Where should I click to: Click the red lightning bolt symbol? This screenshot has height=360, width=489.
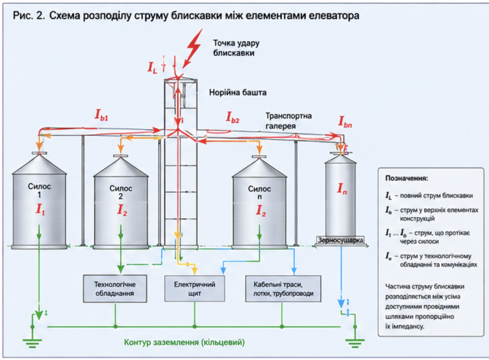click(193, 48)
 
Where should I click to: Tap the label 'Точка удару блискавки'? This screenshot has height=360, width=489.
click(236, 48)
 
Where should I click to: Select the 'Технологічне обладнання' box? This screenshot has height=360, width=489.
click(115, 289)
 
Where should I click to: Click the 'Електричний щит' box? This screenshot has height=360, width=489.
click(194, 289)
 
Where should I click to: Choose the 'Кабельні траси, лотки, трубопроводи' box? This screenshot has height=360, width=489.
click(283, 289)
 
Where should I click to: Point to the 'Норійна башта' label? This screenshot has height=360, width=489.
click(238, 93)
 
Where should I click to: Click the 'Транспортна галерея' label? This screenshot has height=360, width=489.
click(289, 121)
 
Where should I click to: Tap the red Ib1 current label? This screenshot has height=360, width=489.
click(101, 115)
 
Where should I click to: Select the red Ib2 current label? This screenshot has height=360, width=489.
click(233, 117)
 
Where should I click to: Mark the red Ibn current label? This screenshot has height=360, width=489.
click(345, 122)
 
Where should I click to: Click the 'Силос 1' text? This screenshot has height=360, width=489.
click(39, 190)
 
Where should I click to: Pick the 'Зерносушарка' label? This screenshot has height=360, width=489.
click(340, 240)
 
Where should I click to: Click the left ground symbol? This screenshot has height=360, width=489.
click(32, 343)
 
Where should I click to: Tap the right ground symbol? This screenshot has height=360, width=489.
click(355, 343)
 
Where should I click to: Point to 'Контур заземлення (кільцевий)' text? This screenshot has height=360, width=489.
click(184, 342)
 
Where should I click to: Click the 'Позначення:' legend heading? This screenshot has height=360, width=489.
click(407, 178)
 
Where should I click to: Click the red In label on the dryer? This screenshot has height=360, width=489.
click(342, 188)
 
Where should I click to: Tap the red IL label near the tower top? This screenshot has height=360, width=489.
click(152, 67)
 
